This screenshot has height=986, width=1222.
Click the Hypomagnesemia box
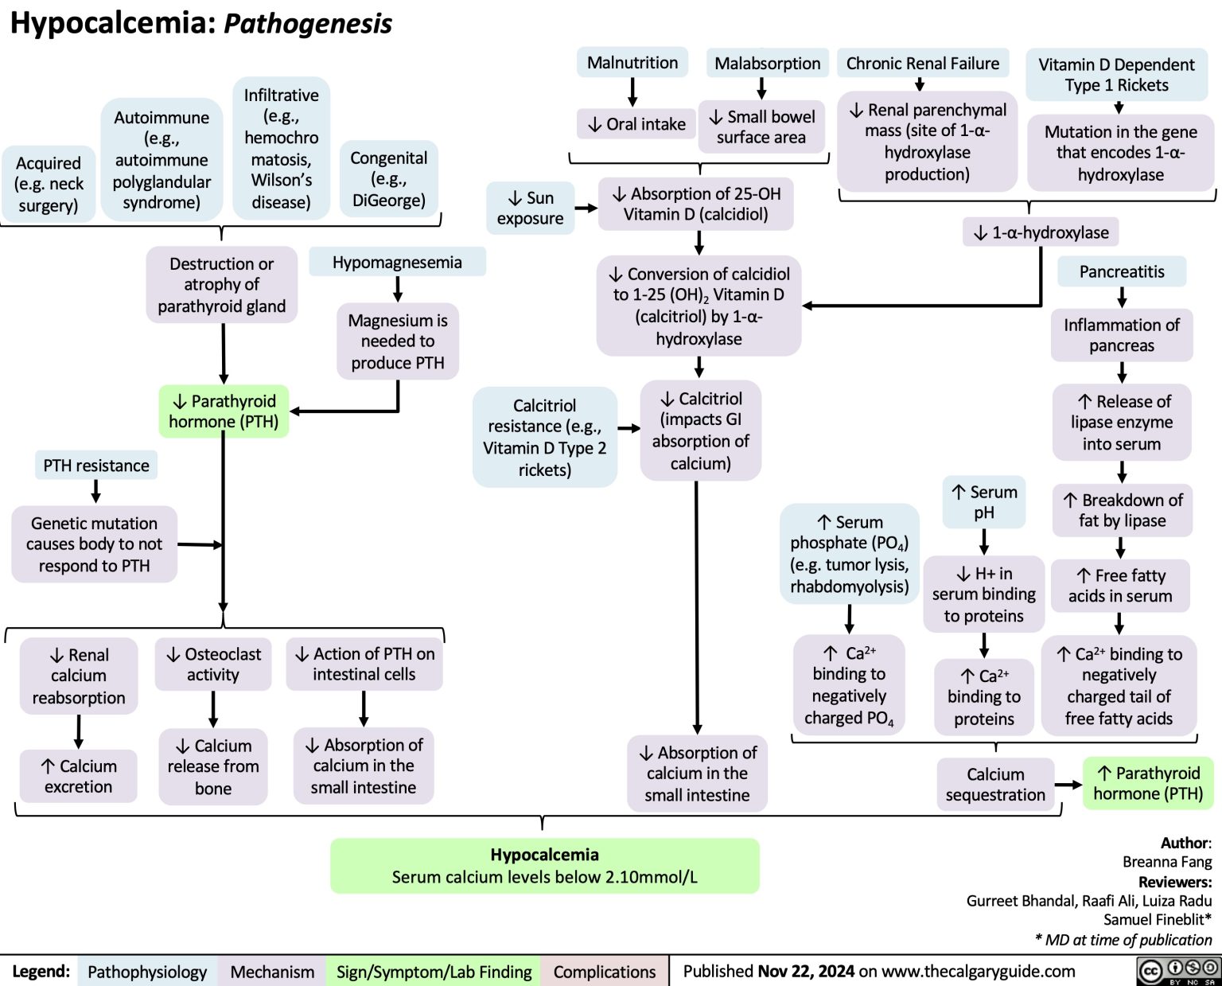(397, 263)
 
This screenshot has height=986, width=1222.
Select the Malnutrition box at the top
(632, 63)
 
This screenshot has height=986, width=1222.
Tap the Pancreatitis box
(1122, 272)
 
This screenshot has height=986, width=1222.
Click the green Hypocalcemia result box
(545, 866)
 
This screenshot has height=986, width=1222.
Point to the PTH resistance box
(96, 466)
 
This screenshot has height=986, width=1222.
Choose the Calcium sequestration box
(995, 785)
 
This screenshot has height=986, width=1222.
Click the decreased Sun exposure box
(530, 209)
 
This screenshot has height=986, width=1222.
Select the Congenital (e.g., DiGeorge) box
(389, 179)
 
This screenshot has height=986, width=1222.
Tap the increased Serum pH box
(984, 502)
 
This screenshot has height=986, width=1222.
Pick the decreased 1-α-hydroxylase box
(1041, 232)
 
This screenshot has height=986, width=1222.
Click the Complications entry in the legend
(605, 972)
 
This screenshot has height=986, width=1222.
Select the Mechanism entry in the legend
(272, 972)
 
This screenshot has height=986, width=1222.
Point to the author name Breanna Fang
(1167, 862)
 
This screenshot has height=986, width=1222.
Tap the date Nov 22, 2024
(806, 972)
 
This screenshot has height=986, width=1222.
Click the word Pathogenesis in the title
(308, 24)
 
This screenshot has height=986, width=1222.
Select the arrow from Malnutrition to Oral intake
(632, 91)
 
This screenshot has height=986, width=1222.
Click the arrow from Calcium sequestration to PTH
(1071, 785)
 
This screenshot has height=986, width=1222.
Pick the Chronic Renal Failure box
(923, 64)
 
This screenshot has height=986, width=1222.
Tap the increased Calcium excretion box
(79, 777)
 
